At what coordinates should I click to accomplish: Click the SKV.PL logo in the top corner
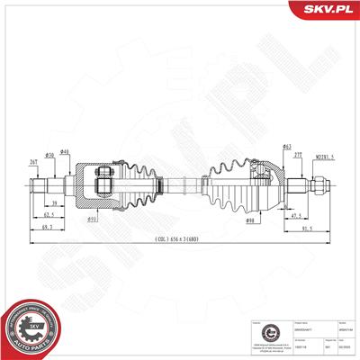pyautogui.click(x=325, y=12)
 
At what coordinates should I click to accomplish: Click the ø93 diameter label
pyautogui.click(x=117, y=217)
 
